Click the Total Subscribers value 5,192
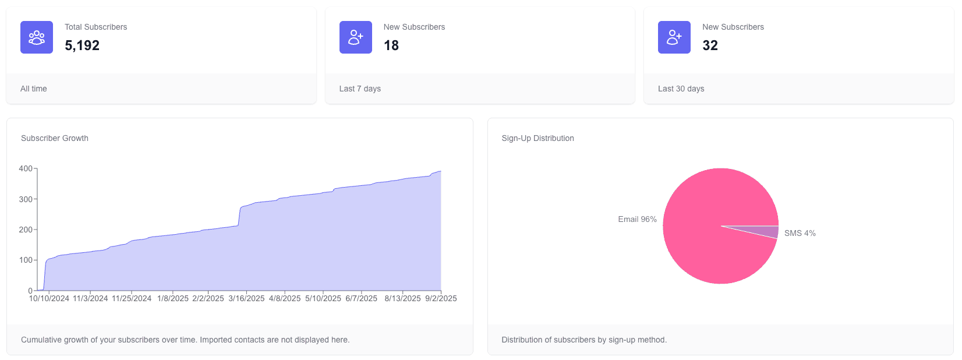tap(82, 45)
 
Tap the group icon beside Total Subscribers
tap(37, 37)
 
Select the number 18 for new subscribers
tap(391, 45)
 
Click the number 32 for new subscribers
tap(710, 45)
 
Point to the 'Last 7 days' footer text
tap(360, 89)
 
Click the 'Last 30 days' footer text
tap(681, 89)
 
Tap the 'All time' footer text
tap(34, 89)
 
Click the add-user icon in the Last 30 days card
tap(674, 37)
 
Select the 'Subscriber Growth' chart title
tap(55, 138)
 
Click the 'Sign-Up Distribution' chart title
tap(537, 138)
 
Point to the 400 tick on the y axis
tap(26, 168)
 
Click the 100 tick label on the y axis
tap(26, 260)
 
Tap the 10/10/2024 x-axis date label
tap(49, 298)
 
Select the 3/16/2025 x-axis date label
tap(246, 298)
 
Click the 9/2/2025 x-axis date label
tap(441, 298)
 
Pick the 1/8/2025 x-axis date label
tap(173, 298)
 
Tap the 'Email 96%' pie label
tap(637, 219)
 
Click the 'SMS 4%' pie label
tap(800, 233)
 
